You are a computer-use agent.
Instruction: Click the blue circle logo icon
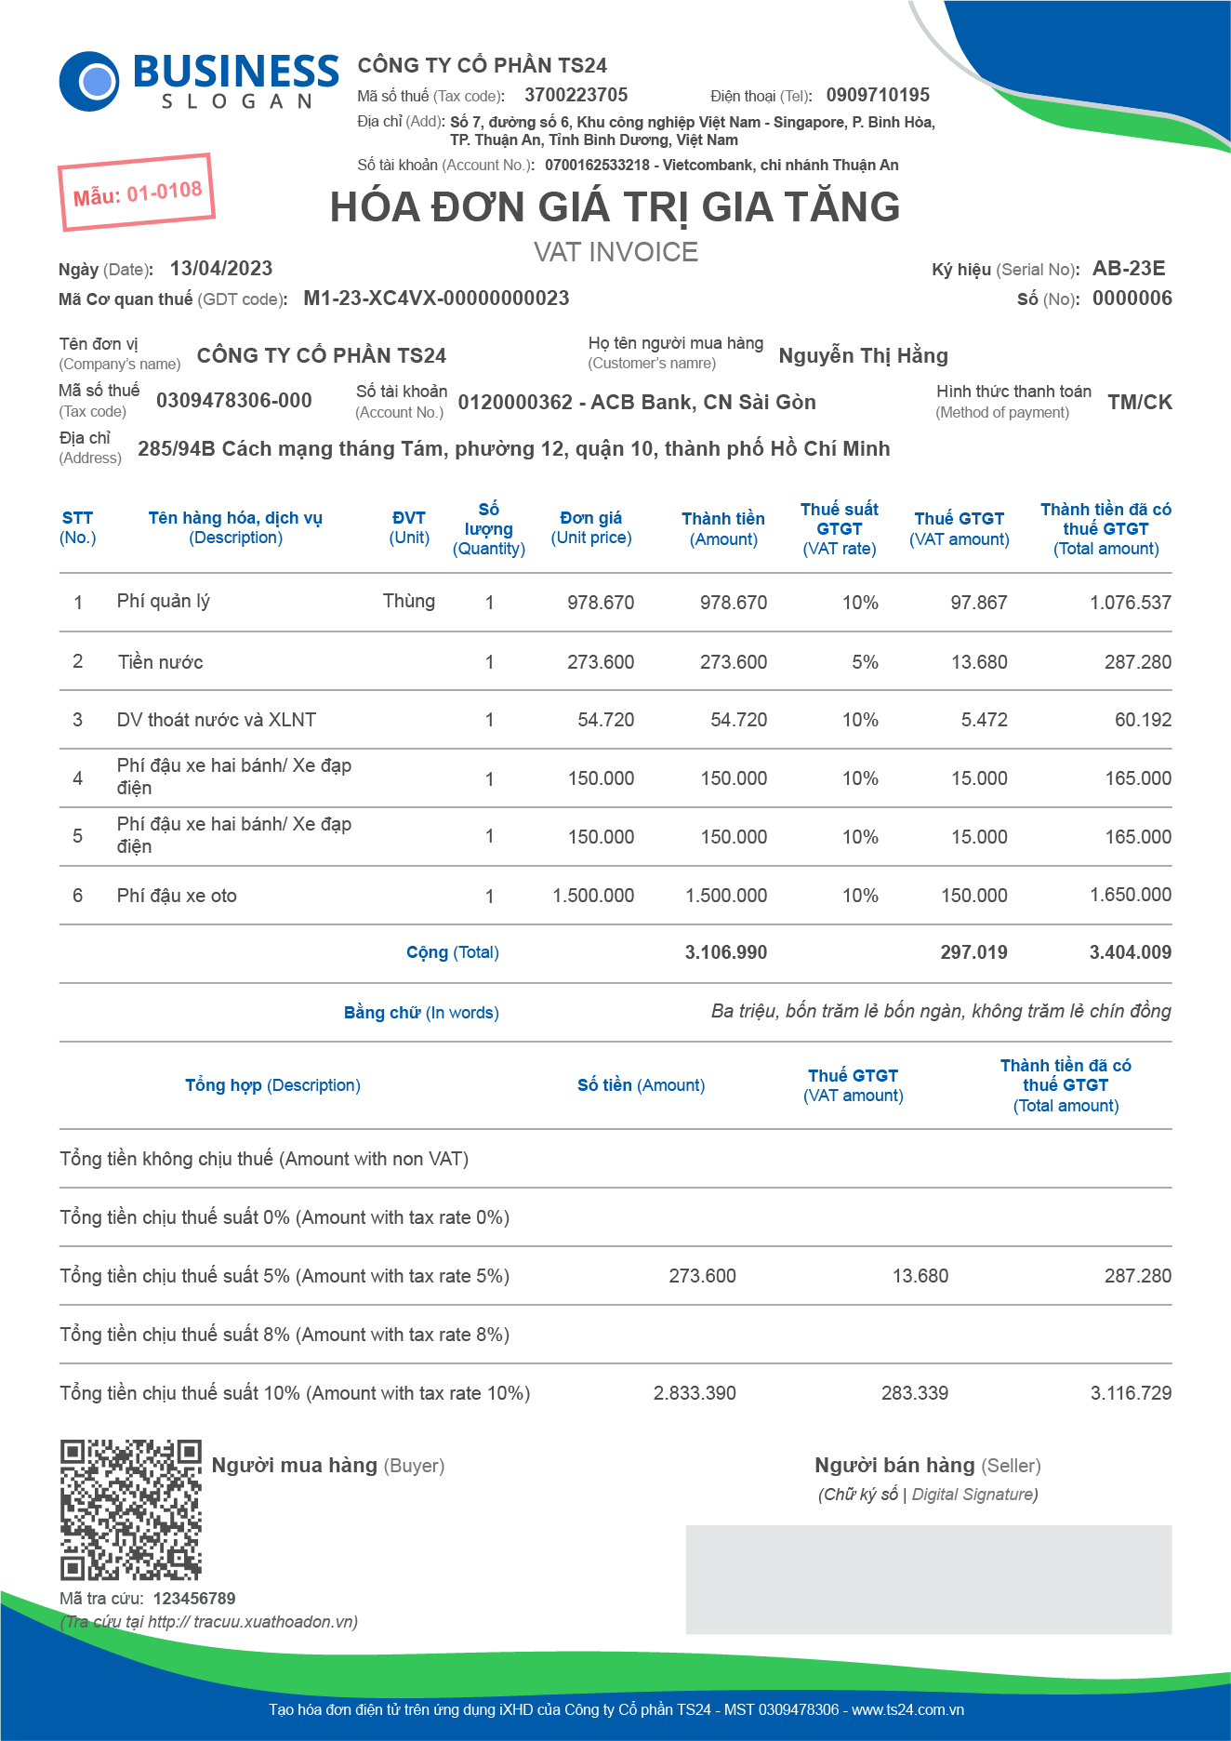89,82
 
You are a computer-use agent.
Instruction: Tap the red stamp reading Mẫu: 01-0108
137,193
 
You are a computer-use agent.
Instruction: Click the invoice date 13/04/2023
221,269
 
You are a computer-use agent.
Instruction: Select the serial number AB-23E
1128,269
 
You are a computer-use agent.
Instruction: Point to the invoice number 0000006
1132,299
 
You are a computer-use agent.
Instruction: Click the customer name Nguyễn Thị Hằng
863,355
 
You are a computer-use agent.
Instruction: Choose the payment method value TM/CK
1139,402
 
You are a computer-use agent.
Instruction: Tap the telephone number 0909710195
877,95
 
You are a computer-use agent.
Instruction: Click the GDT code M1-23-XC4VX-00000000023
436,299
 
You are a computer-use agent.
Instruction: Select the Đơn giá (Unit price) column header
591,527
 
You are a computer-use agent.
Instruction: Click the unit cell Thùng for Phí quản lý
408,601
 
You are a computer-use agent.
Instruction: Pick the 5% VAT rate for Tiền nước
865,662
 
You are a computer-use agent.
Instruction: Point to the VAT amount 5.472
984,720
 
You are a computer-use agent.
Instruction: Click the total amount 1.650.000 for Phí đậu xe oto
1130,895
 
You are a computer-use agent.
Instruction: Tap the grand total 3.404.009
1130,952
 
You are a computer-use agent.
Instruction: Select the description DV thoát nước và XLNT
216,720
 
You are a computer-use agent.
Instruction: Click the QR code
131,1509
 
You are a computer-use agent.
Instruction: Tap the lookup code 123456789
194,1599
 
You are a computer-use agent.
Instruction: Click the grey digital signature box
928,1579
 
